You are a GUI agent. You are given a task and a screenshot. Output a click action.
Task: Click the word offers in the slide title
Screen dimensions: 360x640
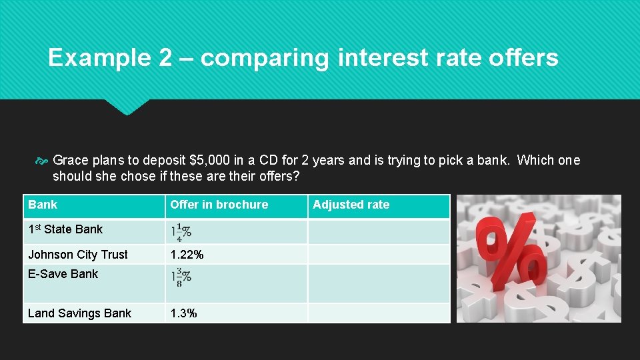pos(523,58)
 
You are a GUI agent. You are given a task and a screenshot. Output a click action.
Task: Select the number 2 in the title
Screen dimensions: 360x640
pos(165,58)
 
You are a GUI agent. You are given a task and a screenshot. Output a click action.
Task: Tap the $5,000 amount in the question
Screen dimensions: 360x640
pos(208,160)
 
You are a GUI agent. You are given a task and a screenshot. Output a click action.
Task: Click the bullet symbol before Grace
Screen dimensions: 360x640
pos(42,161)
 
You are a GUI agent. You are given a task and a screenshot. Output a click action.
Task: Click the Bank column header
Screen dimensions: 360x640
pos(43,205)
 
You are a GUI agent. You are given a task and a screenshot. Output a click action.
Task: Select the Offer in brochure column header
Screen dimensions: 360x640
pos(219,205)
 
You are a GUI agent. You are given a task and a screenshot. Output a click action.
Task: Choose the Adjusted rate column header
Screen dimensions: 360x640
pos(351,205)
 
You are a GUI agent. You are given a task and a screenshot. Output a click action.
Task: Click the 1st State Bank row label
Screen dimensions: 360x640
pos(65,229)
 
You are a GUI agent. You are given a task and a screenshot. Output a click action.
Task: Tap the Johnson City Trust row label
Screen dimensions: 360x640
pos(78,255)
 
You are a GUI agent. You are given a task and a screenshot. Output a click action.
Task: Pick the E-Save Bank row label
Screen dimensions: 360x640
pos(63,274)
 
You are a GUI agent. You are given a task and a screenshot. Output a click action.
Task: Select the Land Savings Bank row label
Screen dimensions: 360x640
pos(79,313)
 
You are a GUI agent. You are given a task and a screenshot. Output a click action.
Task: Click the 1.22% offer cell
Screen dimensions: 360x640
pos(187,255)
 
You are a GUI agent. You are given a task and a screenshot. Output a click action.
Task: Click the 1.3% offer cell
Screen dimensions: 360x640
pos(183,313)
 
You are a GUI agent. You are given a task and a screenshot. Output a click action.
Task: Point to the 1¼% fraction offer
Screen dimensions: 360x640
pos(181,231)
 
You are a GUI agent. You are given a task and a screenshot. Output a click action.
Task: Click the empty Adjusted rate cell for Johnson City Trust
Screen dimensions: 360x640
pos(378,255)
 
